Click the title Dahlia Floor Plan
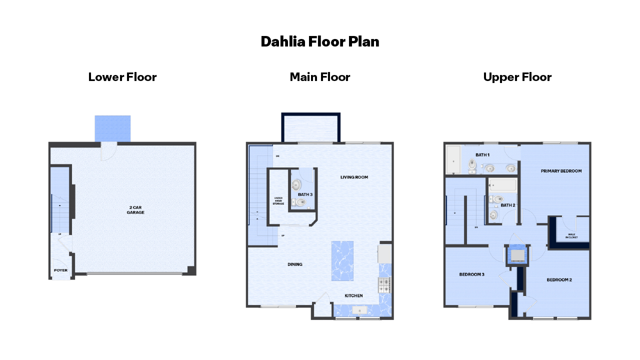coord(320,41)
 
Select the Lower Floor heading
coord(122,77)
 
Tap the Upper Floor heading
coord(517,77)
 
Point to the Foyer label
coord(60,270)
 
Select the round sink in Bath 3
coord(295,184)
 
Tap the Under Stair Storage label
coord(278,201)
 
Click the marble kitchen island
coord(342,261)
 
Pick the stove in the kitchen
coord(384,285)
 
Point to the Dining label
coord(295,264)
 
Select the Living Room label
coord(354,177)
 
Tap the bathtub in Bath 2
coord(502,185)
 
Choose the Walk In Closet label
coord(572,236)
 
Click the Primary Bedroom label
coord(561,171)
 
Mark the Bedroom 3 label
coord(472,274)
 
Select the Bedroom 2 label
coord(559,279)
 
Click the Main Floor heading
coord(320,77)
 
